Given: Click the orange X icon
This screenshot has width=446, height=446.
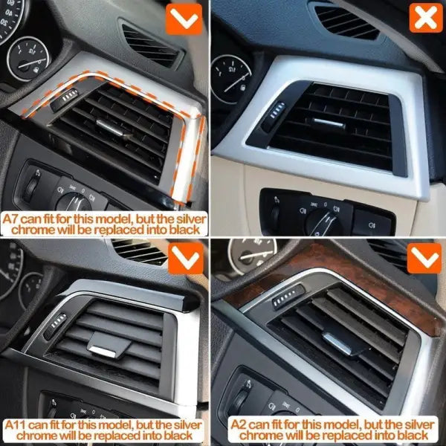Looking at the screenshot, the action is click(x=426, y=18).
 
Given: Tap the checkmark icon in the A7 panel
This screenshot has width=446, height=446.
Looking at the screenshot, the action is click(x=184, y=19).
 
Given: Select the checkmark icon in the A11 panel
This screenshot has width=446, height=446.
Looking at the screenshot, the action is click(x=186, y=258).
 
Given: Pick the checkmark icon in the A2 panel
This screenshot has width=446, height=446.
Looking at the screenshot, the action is click(x=424, y=258).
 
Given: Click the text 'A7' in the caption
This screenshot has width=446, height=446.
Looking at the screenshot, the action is click(x=10, y=219).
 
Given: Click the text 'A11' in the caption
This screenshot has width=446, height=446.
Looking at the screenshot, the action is click(x=15, y=425).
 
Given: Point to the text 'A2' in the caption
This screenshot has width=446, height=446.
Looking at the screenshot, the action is click(x=238, y=424).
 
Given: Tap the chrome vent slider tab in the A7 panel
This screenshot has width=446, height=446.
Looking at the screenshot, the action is click(x=110, y=127).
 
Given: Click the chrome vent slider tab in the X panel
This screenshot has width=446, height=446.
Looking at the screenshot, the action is click(x=328, y=123).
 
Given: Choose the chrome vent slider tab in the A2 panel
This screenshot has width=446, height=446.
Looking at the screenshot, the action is click(x=336, y=343).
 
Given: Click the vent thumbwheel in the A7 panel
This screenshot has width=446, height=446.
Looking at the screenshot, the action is click(x=65, y=99).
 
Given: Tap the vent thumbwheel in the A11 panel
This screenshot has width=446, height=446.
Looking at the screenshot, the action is click(x=56, y=326).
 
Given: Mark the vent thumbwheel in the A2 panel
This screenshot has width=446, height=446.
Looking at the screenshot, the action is click(x=288, y=297).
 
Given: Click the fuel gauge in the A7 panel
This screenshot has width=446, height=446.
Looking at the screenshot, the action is click(x=28, y=59).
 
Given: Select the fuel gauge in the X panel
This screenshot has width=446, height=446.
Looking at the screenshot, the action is click(x=231, y=78).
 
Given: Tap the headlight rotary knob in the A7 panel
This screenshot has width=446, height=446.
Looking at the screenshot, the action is click(x=73, y=202).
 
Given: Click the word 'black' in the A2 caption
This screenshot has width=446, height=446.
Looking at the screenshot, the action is click(x=412, y=435).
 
